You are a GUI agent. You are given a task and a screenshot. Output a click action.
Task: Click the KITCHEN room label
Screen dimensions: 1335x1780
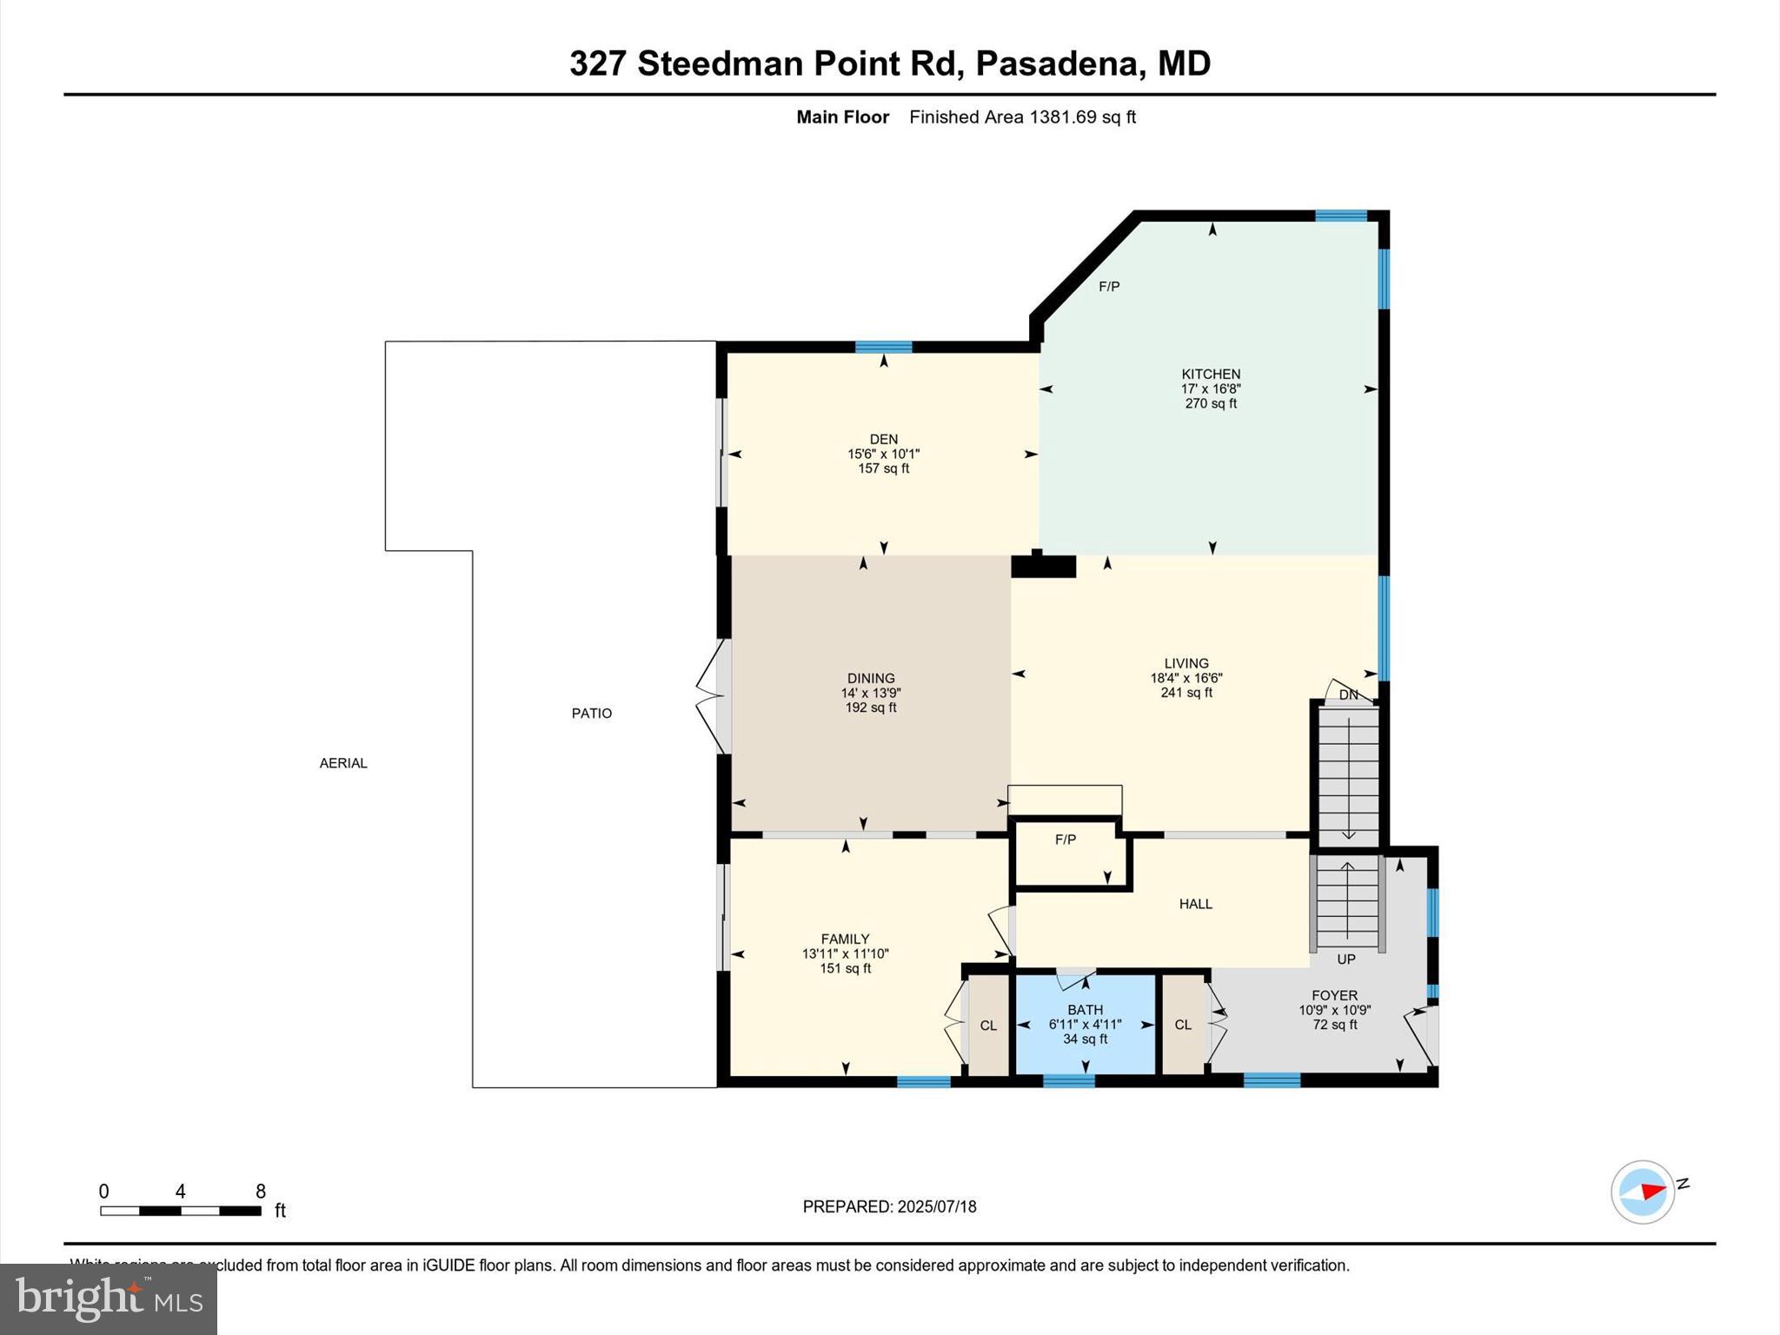[x=1211, y=375]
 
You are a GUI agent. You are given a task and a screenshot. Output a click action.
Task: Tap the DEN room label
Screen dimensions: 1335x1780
[x=883, y=440]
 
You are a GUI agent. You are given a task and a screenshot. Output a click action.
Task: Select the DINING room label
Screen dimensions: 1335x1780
[x=871, y=679]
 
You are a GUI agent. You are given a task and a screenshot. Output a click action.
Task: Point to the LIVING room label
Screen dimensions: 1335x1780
[x=1186, y=663]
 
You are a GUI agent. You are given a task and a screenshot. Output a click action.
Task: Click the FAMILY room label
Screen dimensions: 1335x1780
[x=845, y=939]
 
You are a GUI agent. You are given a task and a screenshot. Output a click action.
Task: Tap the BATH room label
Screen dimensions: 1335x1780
[x=1085, y=1010]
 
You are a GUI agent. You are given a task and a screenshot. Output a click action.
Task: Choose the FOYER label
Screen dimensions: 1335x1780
[x=1334, y=996]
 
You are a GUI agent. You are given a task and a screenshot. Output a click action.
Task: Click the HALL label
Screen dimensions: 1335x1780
[x=1195, y=904]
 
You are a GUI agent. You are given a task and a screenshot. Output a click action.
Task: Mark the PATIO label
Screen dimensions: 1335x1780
[x=591, y=714]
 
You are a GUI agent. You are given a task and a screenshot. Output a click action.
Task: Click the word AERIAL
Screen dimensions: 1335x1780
[x=343, y=763]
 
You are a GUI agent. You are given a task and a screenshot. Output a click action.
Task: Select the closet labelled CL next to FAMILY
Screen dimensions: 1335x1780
[x=988, y=1026]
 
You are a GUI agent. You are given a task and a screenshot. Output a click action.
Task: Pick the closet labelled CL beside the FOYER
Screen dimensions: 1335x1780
[x=1183, y=1025]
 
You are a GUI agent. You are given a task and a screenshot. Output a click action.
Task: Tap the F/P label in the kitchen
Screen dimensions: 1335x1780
[x=1109, y=287]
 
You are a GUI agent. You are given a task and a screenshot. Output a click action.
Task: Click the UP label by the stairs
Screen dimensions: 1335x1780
[x=1345, y=960]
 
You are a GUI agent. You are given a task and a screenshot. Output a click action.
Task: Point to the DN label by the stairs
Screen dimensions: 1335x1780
[x=1348, y=695]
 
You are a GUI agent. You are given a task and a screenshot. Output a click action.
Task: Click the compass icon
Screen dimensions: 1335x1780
[x=1642, y=1192]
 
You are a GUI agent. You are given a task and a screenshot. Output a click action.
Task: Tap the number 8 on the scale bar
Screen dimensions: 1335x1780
[x=260, y=1192]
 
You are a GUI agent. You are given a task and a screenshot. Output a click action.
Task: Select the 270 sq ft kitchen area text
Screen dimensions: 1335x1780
[x=1211, y=404]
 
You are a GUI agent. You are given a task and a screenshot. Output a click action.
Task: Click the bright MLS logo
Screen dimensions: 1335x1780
[x=109, y=1298]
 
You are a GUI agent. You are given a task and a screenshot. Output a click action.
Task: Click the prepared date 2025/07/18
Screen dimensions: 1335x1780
[x=937, y=1206]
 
